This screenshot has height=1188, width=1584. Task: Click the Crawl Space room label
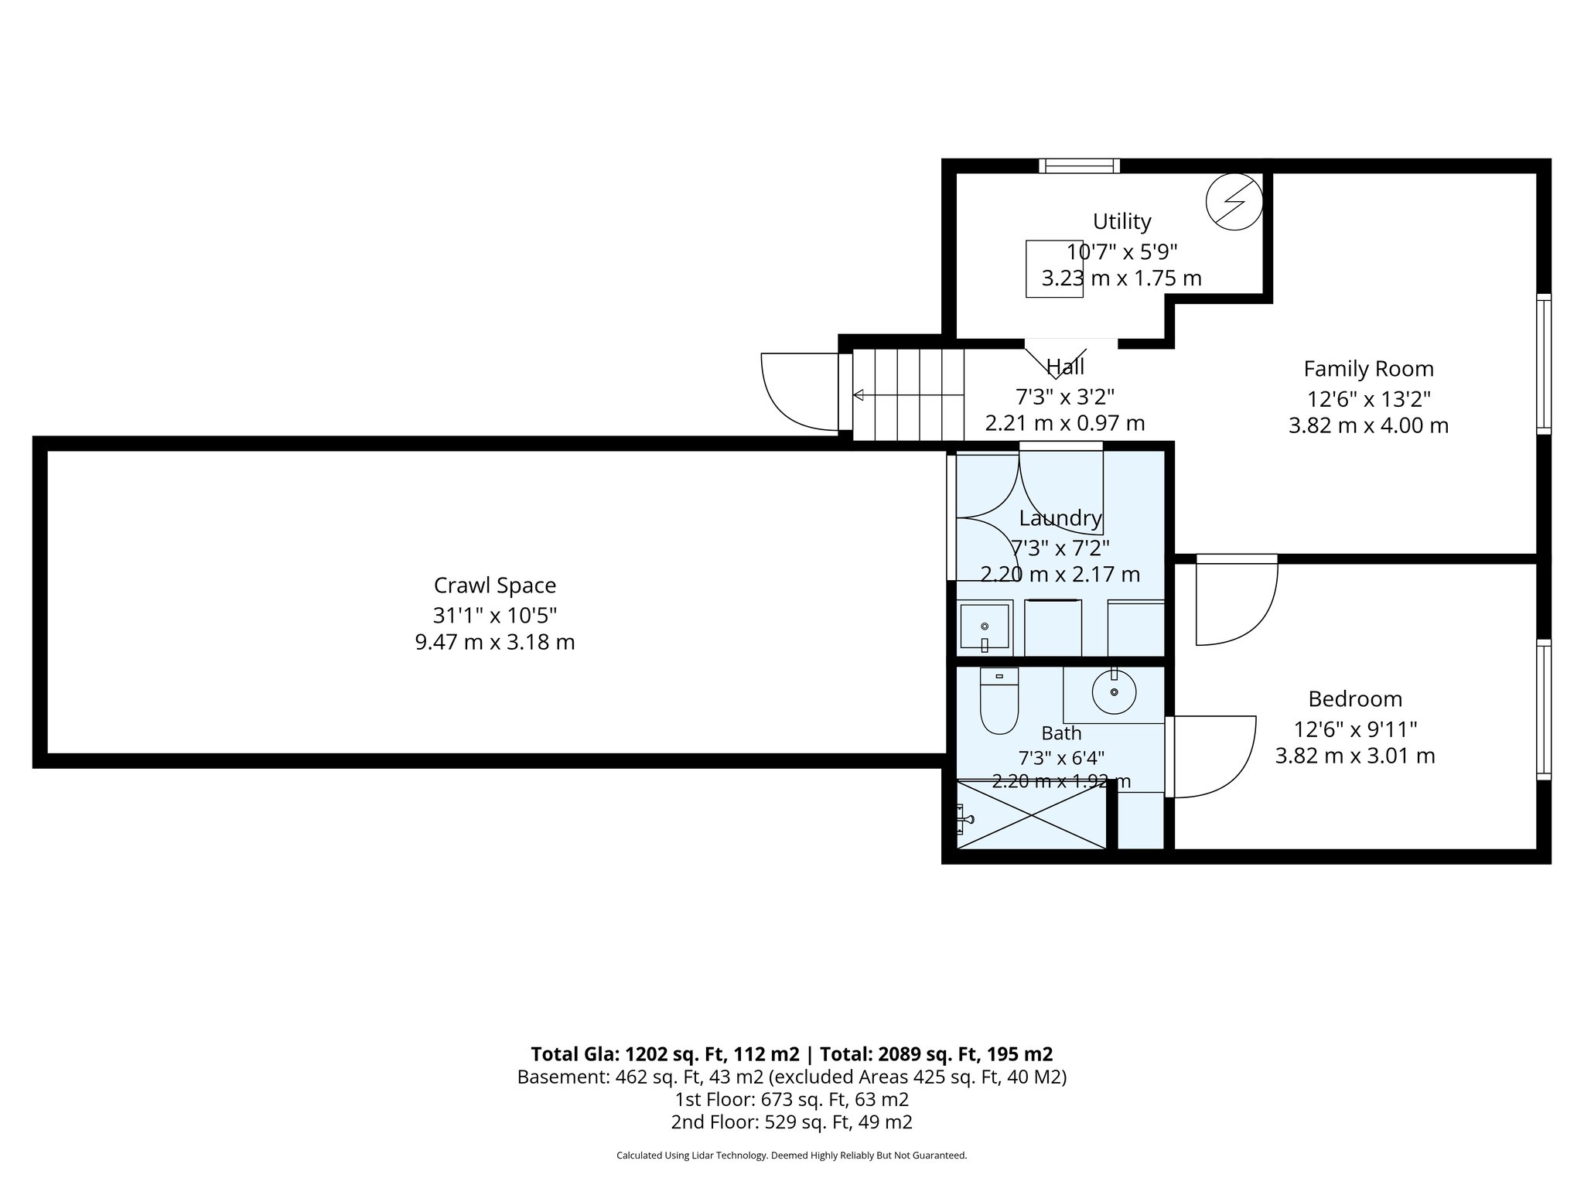click(495, 585)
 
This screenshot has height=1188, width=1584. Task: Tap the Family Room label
click(1368, 368)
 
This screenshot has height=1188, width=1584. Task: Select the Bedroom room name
click(1355, 698)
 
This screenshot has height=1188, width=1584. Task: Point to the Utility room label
click(1121, 221)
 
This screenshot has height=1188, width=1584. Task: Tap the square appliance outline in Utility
click(1054, 268)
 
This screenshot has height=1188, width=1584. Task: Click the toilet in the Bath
click(999, 701)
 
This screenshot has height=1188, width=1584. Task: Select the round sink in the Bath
click(1114, 691)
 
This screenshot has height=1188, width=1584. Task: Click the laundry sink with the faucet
click(985, 628)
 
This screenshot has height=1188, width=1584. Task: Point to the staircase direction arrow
click(909, 395)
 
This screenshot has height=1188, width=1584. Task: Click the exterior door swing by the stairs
click(801, 391)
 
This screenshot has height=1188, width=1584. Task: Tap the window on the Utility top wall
click(1079, 166)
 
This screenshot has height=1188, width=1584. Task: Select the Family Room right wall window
click(1543, 364)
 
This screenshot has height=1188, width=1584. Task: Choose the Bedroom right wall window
click(1543, 709)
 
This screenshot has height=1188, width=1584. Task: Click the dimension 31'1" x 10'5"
click(495, 616)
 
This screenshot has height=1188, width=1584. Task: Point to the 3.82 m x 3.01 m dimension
click(1355, 756)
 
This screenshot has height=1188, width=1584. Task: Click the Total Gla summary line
click(792, 1054)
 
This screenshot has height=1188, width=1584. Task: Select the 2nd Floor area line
click(792, 1122)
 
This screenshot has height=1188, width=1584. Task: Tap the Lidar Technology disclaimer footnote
click(792, 1156)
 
